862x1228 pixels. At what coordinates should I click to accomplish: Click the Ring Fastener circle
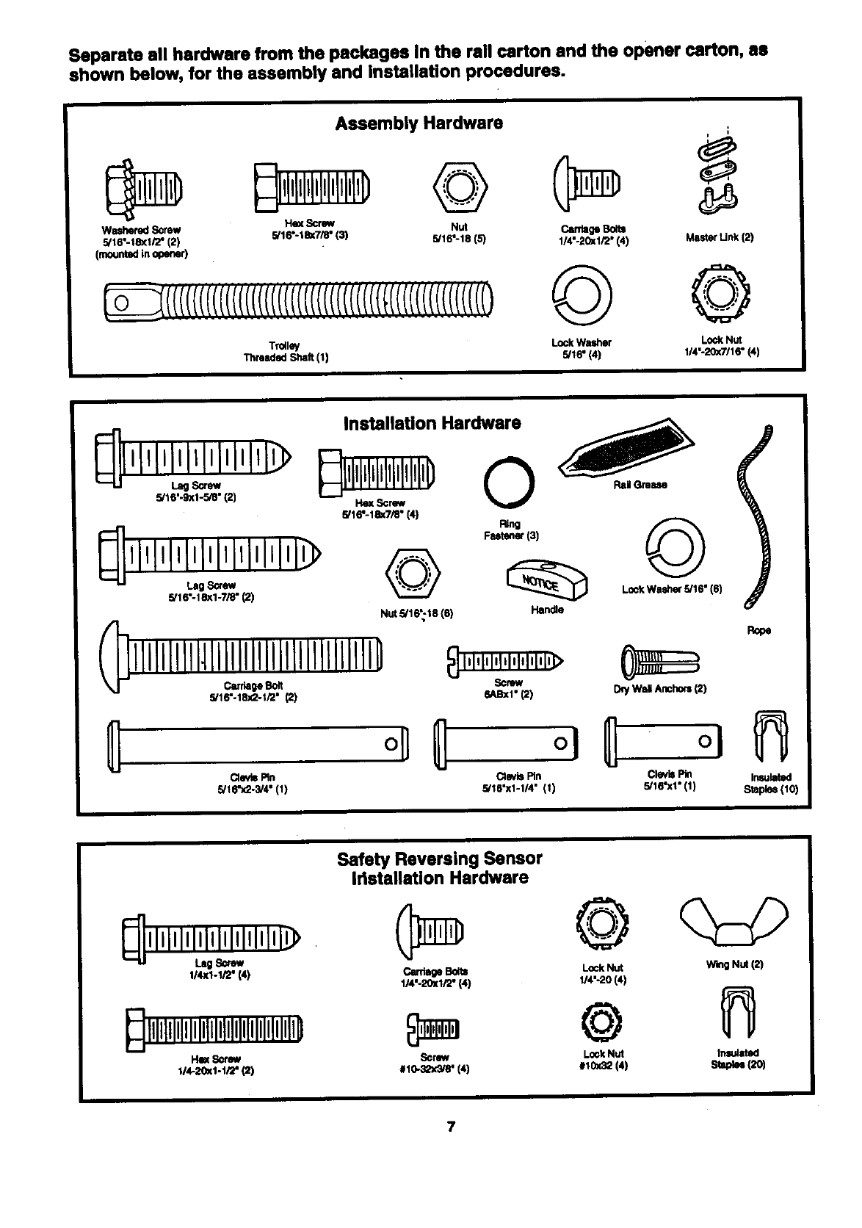510,482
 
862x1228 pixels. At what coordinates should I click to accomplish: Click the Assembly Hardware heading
419,123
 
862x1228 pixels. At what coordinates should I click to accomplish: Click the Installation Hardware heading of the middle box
432,423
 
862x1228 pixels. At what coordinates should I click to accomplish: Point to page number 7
452,1127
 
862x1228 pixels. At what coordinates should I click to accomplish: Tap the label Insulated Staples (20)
737,1058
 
